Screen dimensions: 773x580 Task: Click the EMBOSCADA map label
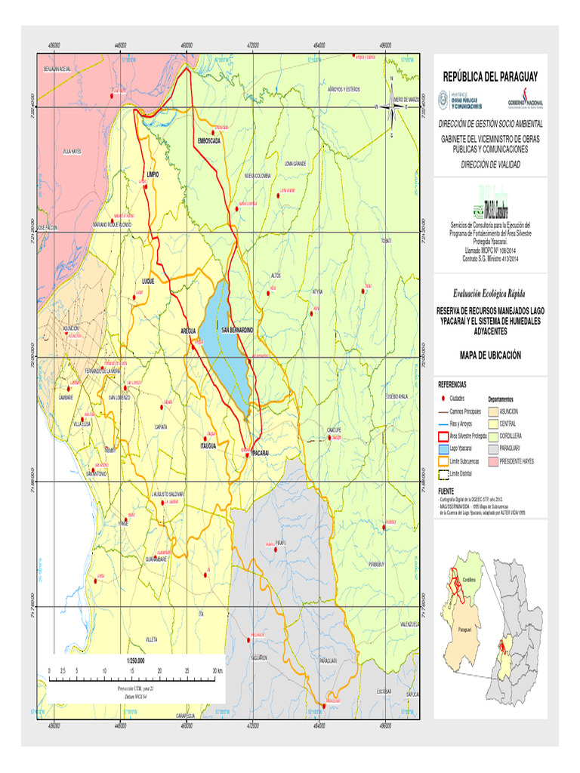[x=208, y=141]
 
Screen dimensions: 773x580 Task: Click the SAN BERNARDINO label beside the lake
[x=237, y=331]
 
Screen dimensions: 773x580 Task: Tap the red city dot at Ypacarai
[x=247, y=454]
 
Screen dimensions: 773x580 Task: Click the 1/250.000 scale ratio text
[x=136, y=661]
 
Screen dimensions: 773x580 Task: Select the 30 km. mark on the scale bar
[x=217, y=670]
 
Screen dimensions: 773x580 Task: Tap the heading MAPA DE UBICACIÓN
[x=491, y=355]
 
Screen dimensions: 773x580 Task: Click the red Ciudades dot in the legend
[x=444, y=399]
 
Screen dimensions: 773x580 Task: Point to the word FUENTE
[x=447, y=490]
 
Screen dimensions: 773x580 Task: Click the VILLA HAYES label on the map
[x=71, y=152]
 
